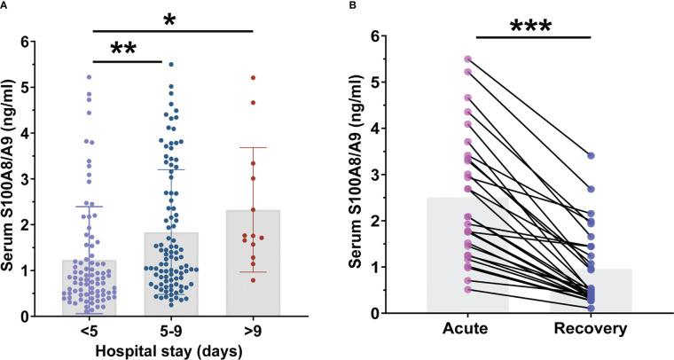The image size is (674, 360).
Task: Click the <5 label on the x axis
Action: pyautogui.click(x=90, y=329)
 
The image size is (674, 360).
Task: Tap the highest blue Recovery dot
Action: pyautogui.click(x=591, y=155)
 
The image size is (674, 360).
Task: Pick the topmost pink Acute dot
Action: pyautogui.click(x=467, y=59)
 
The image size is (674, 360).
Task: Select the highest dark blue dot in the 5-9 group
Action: pyautogui.click(x=170, y=64)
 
